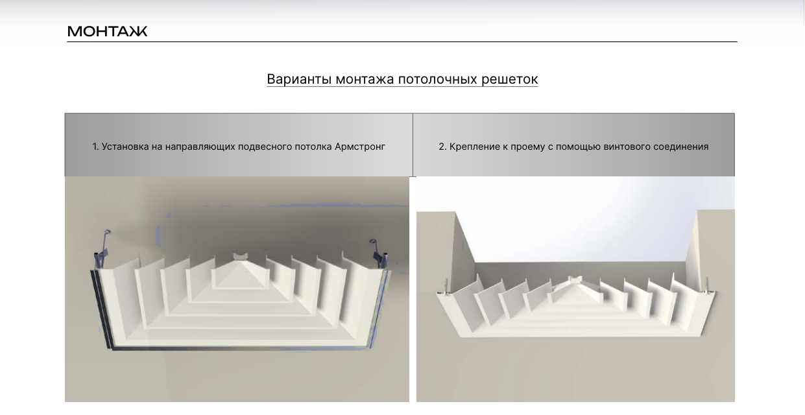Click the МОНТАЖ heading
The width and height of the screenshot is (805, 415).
107,31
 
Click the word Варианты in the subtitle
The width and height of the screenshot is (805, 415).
299,79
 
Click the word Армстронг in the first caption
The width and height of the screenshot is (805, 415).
360,147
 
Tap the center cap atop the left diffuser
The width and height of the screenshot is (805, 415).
240,257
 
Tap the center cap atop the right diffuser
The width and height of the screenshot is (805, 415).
575,279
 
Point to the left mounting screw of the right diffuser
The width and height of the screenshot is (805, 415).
445,287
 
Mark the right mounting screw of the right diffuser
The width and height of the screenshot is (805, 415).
707,286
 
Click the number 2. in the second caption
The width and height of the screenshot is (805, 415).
442,147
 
